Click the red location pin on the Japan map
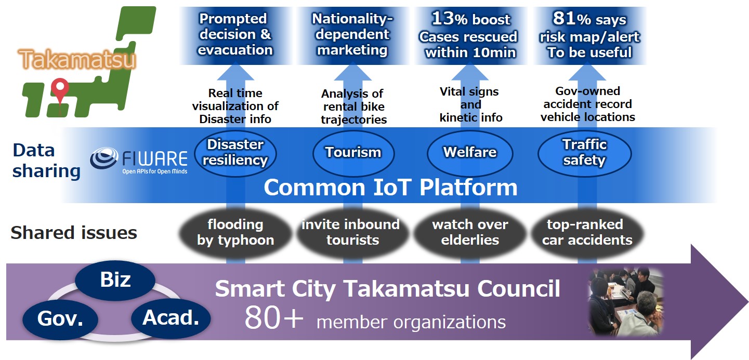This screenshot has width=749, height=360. tap(60, 89)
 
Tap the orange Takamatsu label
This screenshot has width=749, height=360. tap(77, 59)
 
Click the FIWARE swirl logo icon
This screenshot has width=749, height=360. tap(103, 158)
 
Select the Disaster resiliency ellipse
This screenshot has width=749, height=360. tap(235, 153)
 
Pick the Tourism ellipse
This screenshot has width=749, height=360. tap(353, 153)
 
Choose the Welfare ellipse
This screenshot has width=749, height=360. tap(470, 153)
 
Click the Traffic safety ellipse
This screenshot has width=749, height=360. tap(584, 153)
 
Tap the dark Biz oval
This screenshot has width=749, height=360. tap(115, 279)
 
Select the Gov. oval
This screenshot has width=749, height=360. tap(60, 318)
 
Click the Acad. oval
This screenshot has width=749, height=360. tap(171, 318)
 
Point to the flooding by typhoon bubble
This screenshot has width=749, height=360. tap(235, 233)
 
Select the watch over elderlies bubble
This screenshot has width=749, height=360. tap(470, 233)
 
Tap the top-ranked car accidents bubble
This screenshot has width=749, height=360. tap(587, 233)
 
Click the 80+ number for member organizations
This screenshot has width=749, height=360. tap(274, 318)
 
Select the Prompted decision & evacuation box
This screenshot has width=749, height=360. tap(235, 35)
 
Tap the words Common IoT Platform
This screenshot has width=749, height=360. tap(390, 188)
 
